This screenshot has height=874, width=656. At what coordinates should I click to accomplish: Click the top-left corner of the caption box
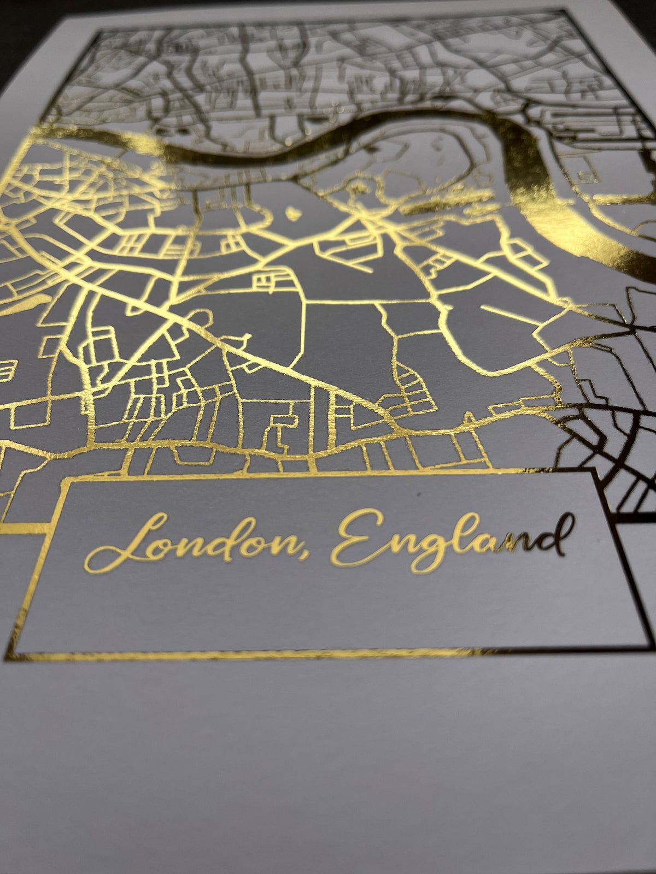67,481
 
